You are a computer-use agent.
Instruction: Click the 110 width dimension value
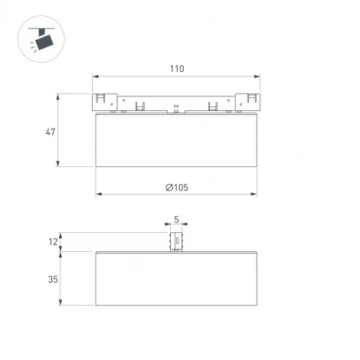click(176, 68)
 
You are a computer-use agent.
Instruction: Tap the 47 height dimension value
click(51, 132)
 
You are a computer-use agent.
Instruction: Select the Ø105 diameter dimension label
click(176, 187)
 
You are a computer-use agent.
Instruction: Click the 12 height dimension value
click(53, 242)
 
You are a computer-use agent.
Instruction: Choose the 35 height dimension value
click(53, 280)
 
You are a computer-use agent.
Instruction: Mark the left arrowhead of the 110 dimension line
click(95, 76)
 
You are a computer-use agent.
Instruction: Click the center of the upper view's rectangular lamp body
click(176, 139)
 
